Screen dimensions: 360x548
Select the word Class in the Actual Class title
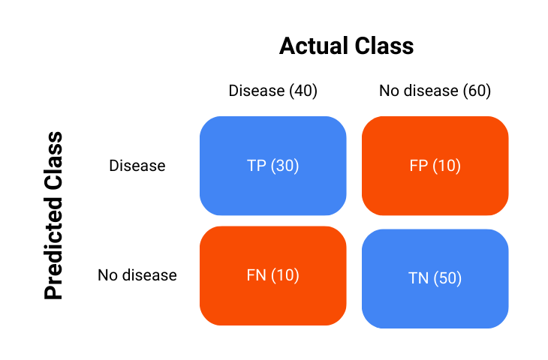[386, 46]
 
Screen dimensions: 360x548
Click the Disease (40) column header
[272, 91]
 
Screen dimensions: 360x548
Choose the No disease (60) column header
[435, 91]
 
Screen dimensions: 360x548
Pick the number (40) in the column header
[303, 91]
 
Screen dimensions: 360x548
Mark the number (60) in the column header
[477, 91]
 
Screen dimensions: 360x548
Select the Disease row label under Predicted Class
[137, 165]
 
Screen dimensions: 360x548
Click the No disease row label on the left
[137, 275]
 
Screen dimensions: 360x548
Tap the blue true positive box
[272, 166]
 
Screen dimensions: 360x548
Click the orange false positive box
[435, 166]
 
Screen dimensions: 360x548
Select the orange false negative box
[272, 275]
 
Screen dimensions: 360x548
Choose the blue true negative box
[435, 278]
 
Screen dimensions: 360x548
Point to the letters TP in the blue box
[257, 166]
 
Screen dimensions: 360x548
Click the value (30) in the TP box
[285, 166]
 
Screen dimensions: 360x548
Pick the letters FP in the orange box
[419, 166]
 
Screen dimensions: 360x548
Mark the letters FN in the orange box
[257, 275]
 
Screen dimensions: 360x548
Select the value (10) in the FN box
[285, 275]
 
